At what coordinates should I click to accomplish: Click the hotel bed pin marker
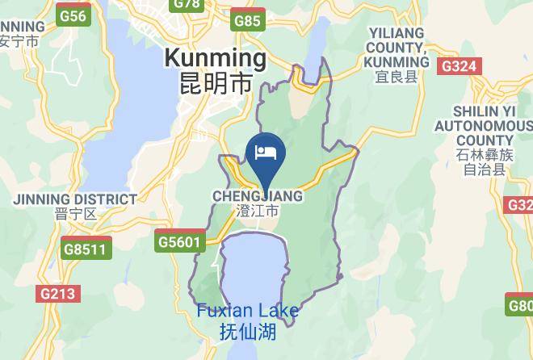(266, 153)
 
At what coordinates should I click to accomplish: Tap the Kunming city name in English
(215, 58)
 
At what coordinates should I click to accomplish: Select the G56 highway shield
(73, 16)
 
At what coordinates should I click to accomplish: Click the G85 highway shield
(247, 21)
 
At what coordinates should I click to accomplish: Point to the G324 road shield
(459, 66)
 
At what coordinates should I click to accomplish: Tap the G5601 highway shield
(178, 241)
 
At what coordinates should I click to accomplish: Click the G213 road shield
(57, 295)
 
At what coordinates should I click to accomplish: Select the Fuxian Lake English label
(248, 312)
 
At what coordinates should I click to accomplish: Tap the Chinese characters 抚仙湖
(248, 331)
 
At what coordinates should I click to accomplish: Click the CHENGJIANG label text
(258, 196)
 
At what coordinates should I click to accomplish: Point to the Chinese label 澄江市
(258, 211)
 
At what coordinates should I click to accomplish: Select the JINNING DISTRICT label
(75, 199)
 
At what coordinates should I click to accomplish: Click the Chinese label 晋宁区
(76, 215)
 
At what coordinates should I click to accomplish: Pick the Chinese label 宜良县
(397, 77)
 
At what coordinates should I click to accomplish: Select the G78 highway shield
(187, 4)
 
